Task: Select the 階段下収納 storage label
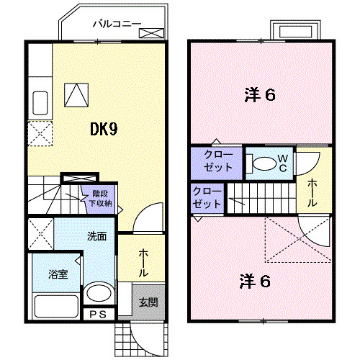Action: pyautogui.click(x=100, y=198)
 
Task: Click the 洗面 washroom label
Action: pyautogui.click(x=96, y=235)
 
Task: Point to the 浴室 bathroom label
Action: pyautogui.click(x=58, y=274)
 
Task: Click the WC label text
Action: pyautogui.click(x=283, y=163)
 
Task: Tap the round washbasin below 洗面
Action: pyautogui.click(x=97, y=294)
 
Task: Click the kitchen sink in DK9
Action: pyautogui.click(x=40, y=104)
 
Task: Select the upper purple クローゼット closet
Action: pyautogui.click(x=216, y=161)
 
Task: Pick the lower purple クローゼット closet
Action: pyautogui.click(x=207, y=197)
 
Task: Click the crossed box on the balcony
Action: pyautogui.click(x=151, y=33)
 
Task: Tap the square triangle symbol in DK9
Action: pyautogui.click(x=75, y=94)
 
